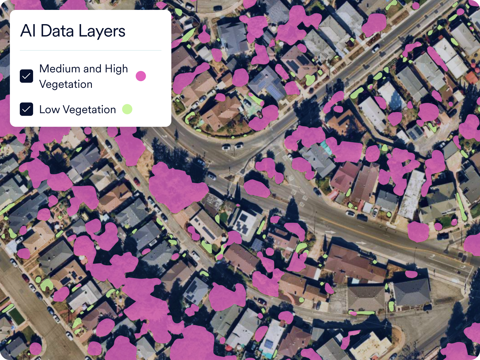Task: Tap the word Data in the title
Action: point(57,31)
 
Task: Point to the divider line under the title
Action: point(90,50)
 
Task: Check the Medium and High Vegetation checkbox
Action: point(27,76)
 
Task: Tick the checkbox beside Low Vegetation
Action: point(27,109)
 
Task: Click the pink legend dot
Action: point(141,76)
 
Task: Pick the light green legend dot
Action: point(127,109)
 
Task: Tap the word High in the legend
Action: point(116,69)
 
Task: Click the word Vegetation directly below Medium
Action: point(66,84)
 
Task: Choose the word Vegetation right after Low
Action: point(89,109)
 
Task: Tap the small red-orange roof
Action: point(471,77)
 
